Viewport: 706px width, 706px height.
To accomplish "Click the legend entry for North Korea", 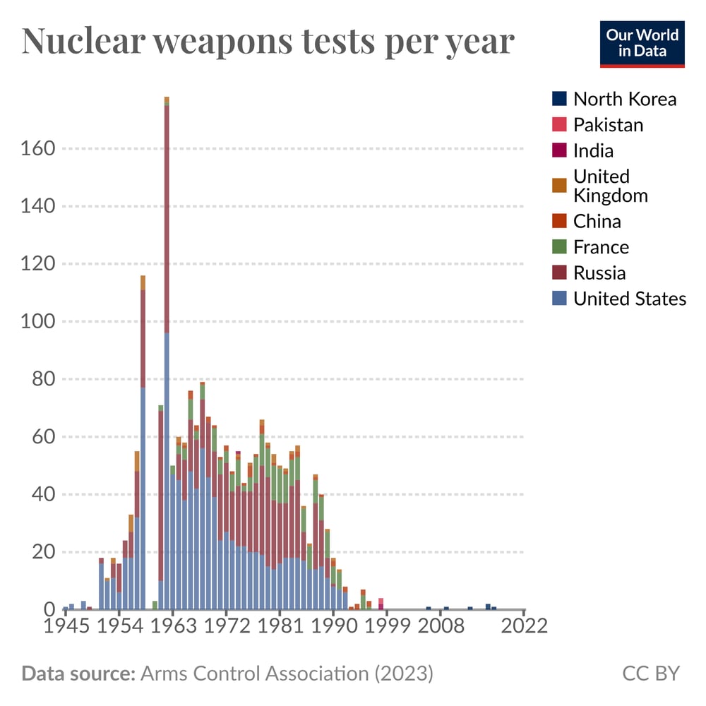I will click(624, 99).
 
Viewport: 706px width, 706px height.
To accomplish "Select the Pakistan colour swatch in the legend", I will click(558, 125).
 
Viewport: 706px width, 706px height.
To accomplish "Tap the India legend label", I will click(593, 150).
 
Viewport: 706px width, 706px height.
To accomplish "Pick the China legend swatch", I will click(558, 221).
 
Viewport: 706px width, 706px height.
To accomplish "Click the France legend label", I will click(601, 247).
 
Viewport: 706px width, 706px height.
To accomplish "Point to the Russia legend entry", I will click(599, 273).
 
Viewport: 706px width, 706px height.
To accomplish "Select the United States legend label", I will click(629, 299).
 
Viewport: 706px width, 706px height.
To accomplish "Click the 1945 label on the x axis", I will click(66, 626).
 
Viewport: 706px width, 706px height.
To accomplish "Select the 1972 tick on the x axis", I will click(226, 626).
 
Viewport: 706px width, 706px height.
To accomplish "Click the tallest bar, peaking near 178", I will click(167, 353).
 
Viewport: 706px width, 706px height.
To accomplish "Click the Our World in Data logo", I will click(642, 44).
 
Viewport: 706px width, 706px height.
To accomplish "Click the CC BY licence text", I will click(650, 674).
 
